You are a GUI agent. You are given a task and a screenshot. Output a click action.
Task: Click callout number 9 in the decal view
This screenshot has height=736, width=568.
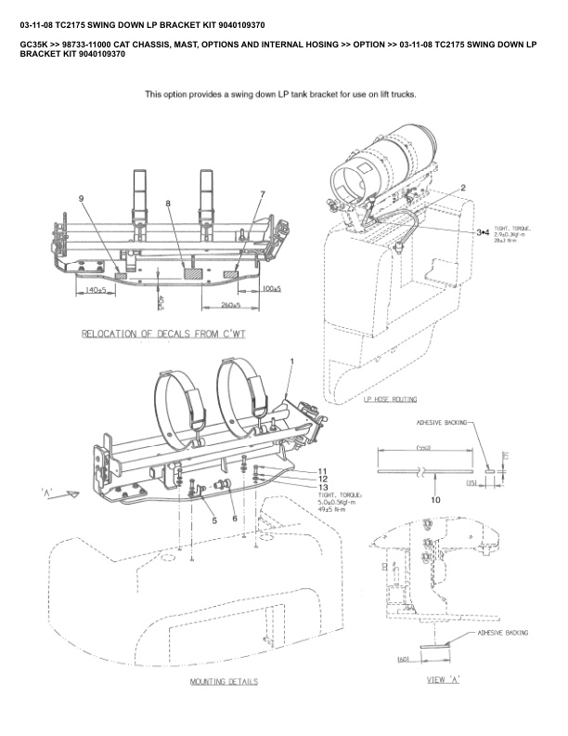(82, 199)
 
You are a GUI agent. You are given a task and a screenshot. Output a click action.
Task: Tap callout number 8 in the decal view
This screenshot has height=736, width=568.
(168, 203)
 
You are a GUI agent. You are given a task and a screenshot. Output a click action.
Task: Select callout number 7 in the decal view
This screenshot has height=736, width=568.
(263, 194)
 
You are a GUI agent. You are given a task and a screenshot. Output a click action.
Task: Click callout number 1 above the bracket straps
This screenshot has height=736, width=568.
(291, 360)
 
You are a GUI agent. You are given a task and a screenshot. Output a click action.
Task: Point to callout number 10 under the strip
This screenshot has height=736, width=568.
(436, 500)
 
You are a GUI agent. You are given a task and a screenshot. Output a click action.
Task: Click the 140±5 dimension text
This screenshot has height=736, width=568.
(93, 291)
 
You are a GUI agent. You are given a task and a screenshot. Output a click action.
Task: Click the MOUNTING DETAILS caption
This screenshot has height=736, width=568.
(224, 682)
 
